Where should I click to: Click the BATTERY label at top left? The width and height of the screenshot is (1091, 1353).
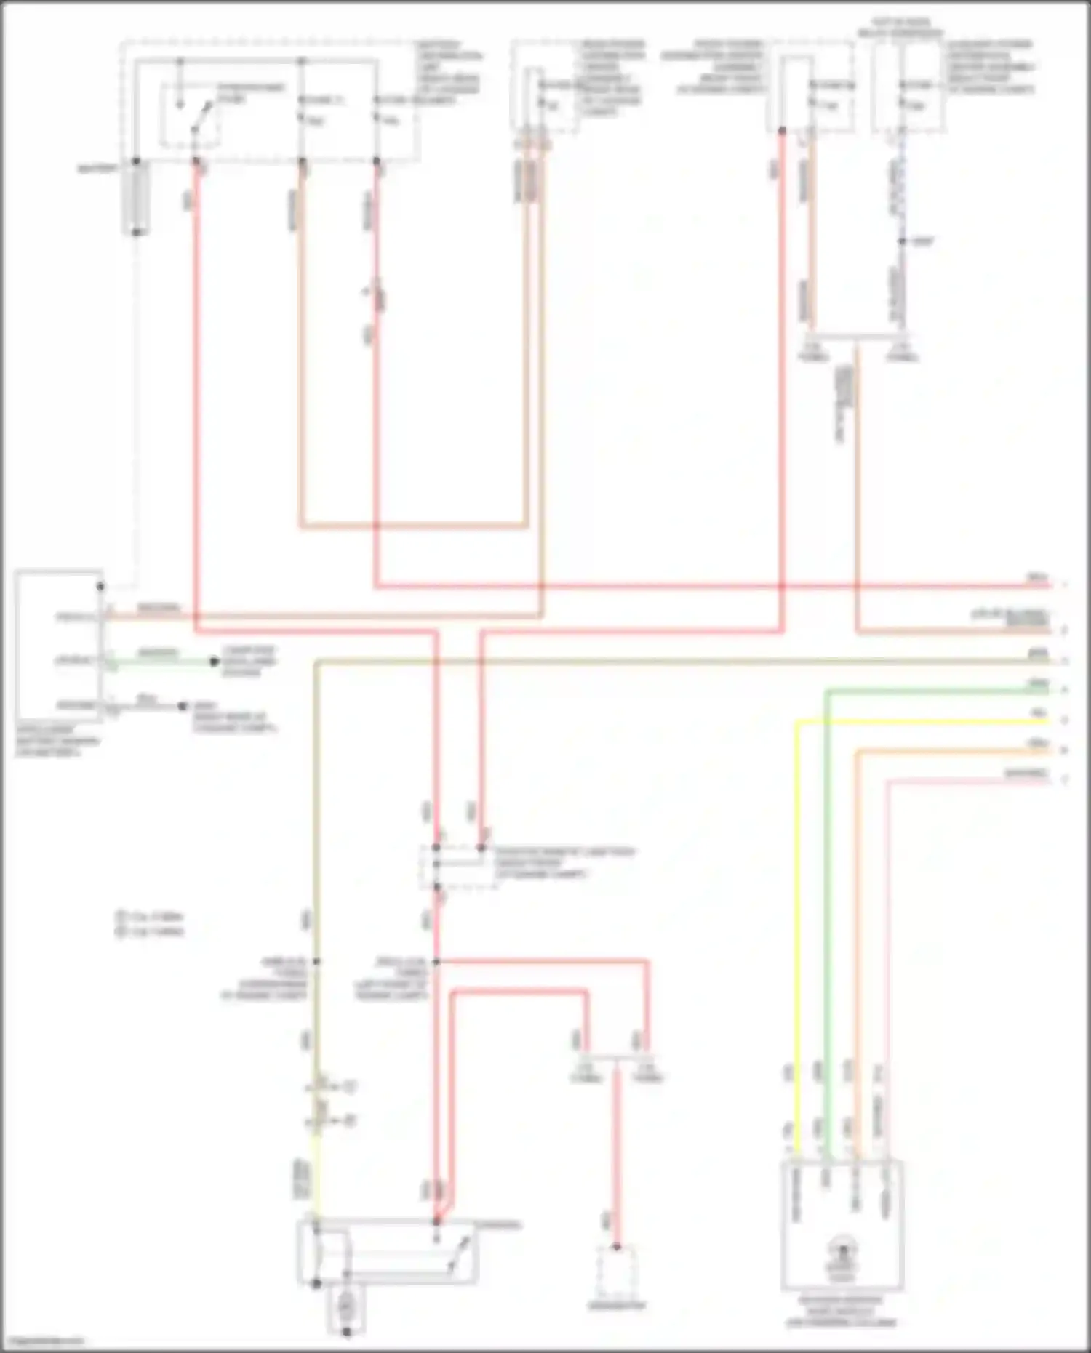(97, 169)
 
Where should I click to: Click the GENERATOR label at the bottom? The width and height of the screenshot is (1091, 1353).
(616, 1306)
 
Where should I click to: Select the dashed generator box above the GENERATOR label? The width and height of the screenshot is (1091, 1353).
(616, 1272)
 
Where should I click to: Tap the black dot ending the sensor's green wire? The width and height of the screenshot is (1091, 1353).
(214, 662)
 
